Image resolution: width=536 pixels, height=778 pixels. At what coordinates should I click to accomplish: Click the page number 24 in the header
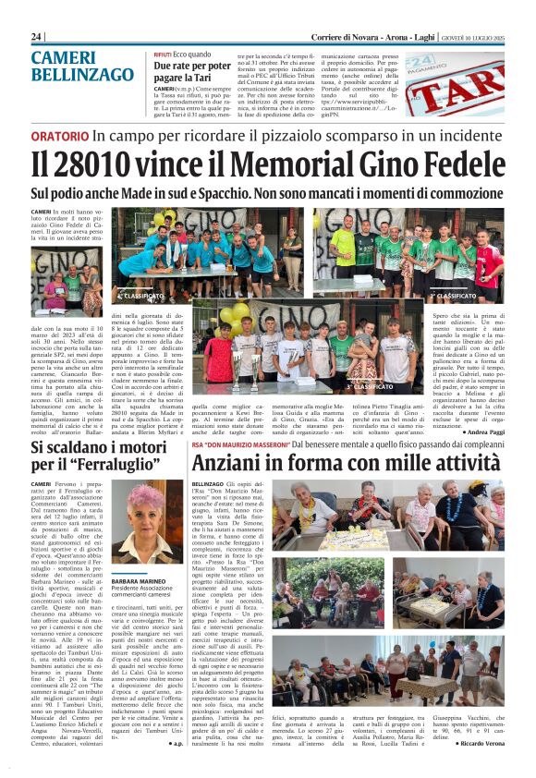point(37,35)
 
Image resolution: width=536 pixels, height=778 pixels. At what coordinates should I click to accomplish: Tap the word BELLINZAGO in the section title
point(82,74)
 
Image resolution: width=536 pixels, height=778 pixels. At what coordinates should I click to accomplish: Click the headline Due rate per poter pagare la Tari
point(192,73)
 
